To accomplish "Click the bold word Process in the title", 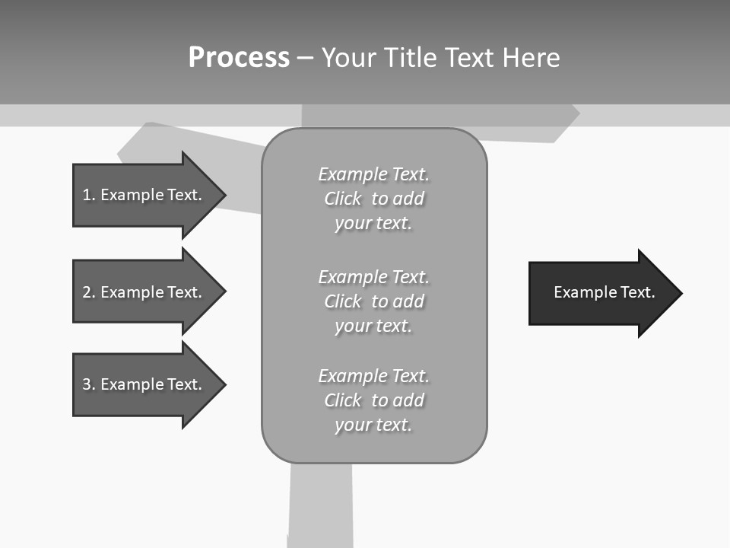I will [239, 58].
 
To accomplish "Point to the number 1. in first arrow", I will [88, 195].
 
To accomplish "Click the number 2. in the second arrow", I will [88, 292].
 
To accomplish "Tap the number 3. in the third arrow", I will [88, 384].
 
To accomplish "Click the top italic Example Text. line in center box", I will [373, 174].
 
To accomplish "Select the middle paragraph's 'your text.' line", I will [373, 326].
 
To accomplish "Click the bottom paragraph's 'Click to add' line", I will [373, 400].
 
